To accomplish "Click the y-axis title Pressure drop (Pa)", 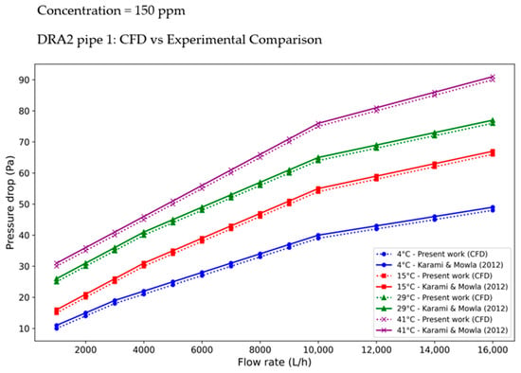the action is click(10, 203).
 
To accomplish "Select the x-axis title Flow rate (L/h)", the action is click(275, 362).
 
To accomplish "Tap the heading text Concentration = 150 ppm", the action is click(111, 10).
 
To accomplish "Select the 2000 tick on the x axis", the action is click(85, 349).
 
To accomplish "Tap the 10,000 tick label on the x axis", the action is click(318, 349).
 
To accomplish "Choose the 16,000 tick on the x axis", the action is click(493, 349).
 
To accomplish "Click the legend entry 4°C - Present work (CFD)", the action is click(432, 255).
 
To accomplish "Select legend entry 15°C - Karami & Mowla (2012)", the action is click(442, 287).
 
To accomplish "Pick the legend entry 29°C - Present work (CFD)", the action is click(435, 297).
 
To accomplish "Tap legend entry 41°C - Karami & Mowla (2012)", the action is click(442, 330).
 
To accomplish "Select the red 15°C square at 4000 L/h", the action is click(144, 264).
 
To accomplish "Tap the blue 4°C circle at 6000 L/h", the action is click(202, 274).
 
